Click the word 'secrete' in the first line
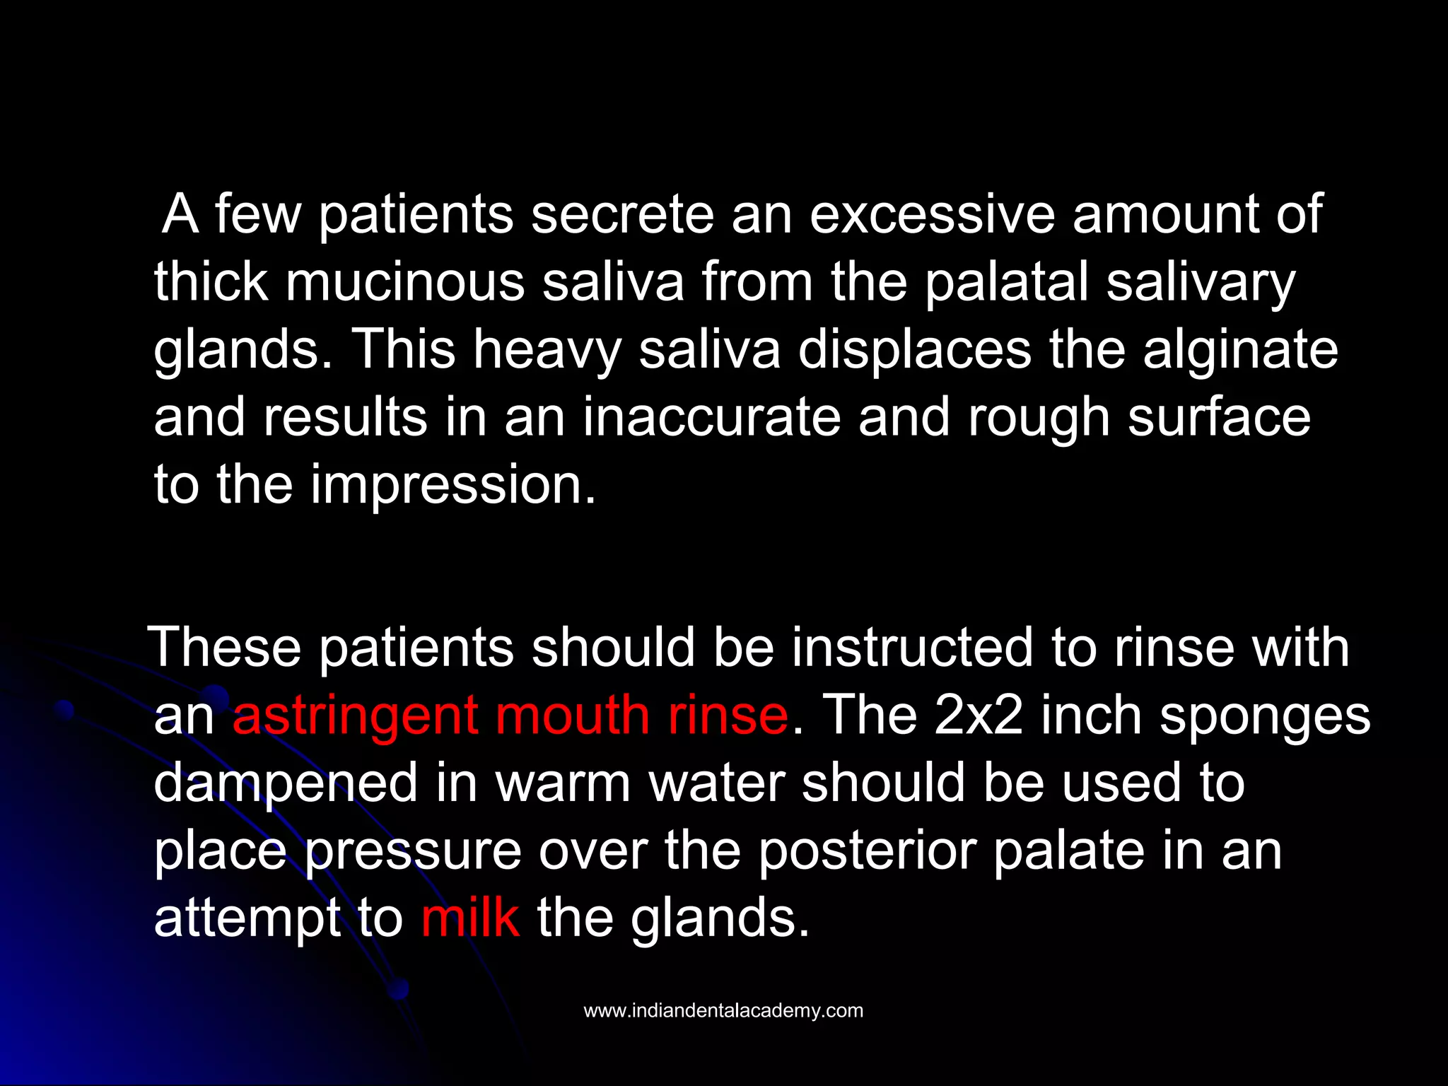[x=622, y=215]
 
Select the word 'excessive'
[x=932, y=215]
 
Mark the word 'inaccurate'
[x=711, y=417]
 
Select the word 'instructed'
[x=912, y=647]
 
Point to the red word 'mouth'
[x=572, y=715]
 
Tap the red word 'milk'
[x=470, y=918]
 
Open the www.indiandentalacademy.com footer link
[x=723, y=1010]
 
